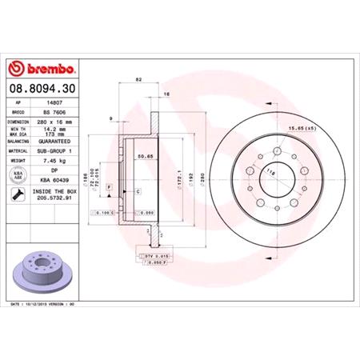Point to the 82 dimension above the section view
(139, 82)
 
